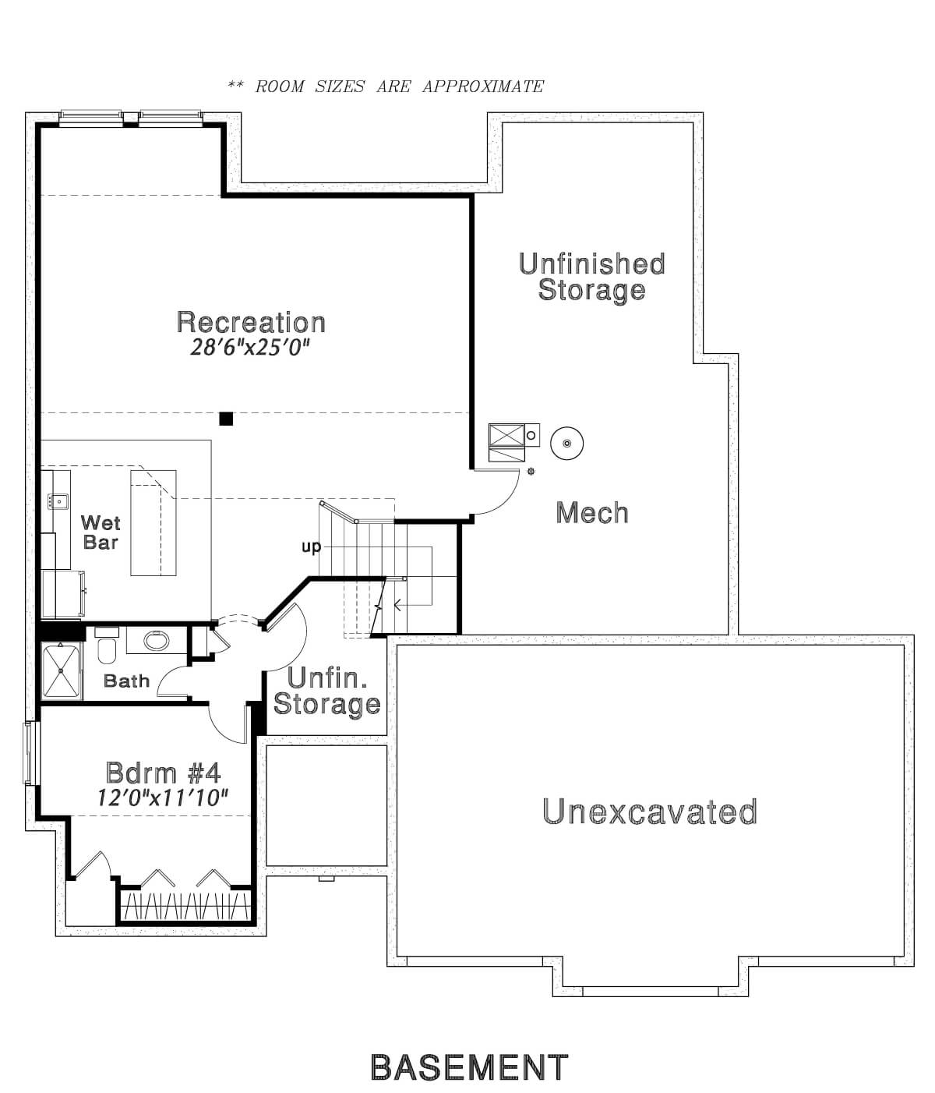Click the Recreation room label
[251, 322]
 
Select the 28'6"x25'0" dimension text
[249, 348]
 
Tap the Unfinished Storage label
[591, 277]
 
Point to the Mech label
[592, 512]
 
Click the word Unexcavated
[650, 811]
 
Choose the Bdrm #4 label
[163, 773]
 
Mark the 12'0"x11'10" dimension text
[162, 798]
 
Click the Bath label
[126, 681]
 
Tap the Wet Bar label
[101, 532]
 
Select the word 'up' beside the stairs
[312, 546]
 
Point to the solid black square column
[226, 419]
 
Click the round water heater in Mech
[566, 443]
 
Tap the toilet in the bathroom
[107, 650]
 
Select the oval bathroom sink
[157, 640]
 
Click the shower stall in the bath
[62, 670]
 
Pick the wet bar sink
[58, 501]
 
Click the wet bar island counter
[153, 522]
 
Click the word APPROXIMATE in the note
[483, 87]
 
